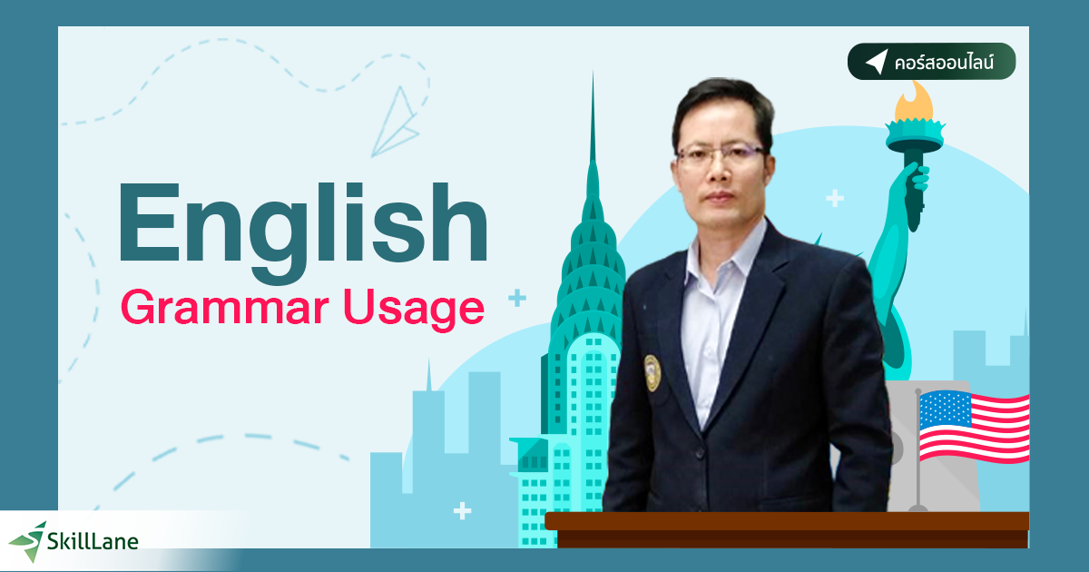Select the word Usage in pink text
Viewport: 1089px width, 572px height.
point(426,309)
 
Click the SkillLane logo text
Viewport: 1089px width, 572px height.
point(95,541)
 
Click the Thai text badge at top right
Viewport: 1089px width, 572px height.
point(931,63)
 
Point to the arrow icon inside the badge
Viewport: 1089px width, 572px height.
point(875,63)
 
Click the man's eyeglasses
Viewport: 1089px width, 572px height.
point(716,153)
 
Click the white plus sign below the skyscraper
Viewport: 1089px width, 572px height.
point(463,511)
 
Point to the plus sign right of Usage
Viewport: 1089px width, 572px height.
point(517,297)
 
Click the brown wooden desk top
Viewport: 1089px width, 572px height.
point(786,521)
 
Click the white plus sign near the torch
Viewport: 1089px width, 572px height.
point(835,197)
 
